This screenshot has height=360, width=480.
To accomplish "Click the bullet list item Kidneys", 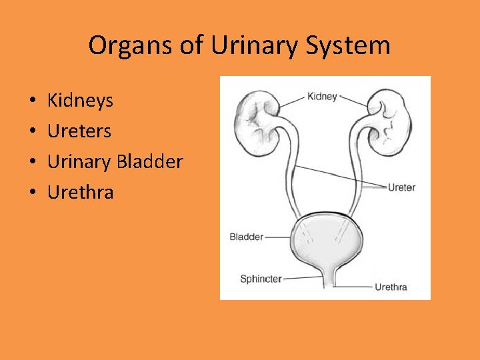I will click(80, 101).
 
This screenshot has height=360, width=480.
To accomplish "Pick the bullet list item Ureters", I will click(79, 131).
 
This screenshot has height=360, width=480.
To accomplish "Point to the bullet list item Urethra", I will click(81, 193).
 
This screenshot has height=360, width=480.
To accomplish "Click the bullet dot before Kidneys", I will click(33, 101).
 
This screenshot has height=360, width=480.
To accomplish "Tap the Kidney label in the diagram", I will click(322, 97).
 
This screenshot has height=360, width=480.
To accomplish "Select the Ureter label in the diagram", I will click(401, 187).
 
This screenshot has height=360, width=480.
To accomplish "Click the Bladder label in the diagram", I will click(246, 237).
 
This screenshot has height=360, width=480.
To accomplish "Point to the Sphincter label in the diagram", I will click(261, 279).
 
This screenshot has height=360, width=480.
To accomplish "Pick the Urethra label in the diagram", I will click(391, 287).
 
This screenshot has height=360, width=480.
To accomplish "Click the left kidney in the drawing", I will click(256, 122).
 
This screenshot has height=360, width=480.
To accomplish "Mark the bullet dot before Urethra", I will click(33, 193).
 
